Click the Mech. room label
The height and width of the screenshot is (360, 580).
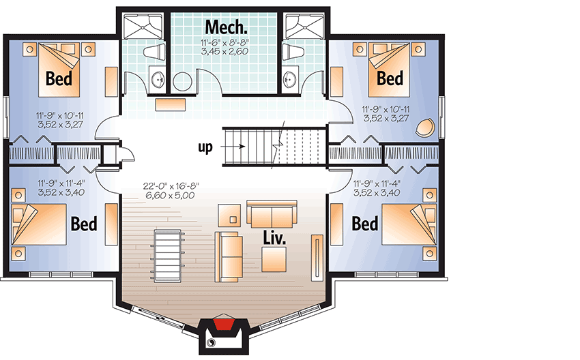coord(226,27)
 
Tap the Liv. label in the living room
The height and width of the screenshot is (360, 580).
coord(274,238)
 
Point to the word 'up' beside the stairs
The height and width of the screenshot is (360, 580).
coord(205,147)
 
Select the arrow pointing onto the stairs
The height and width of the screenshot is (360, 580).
coord(233,147)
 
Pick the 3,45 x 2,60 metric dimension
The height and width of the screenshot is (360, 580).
coord(224,51)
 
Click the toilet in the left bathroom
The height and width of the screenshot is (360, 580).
coord(155,52)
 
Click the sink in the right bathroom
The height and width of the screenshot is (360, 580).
coord(289,78)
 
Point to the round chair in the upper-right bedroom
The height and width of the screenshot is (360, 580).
coord(425,127)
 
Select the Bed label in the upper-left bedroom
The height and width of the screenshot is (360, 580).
coord(59,78)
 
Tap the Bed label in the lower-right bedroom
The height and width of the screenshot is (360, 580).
coord(365,224)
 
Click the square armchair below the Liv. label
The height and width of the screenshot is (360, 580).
coord(274,260)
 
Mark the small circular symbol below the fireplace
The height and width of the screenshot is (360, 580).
coord(212,342)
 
